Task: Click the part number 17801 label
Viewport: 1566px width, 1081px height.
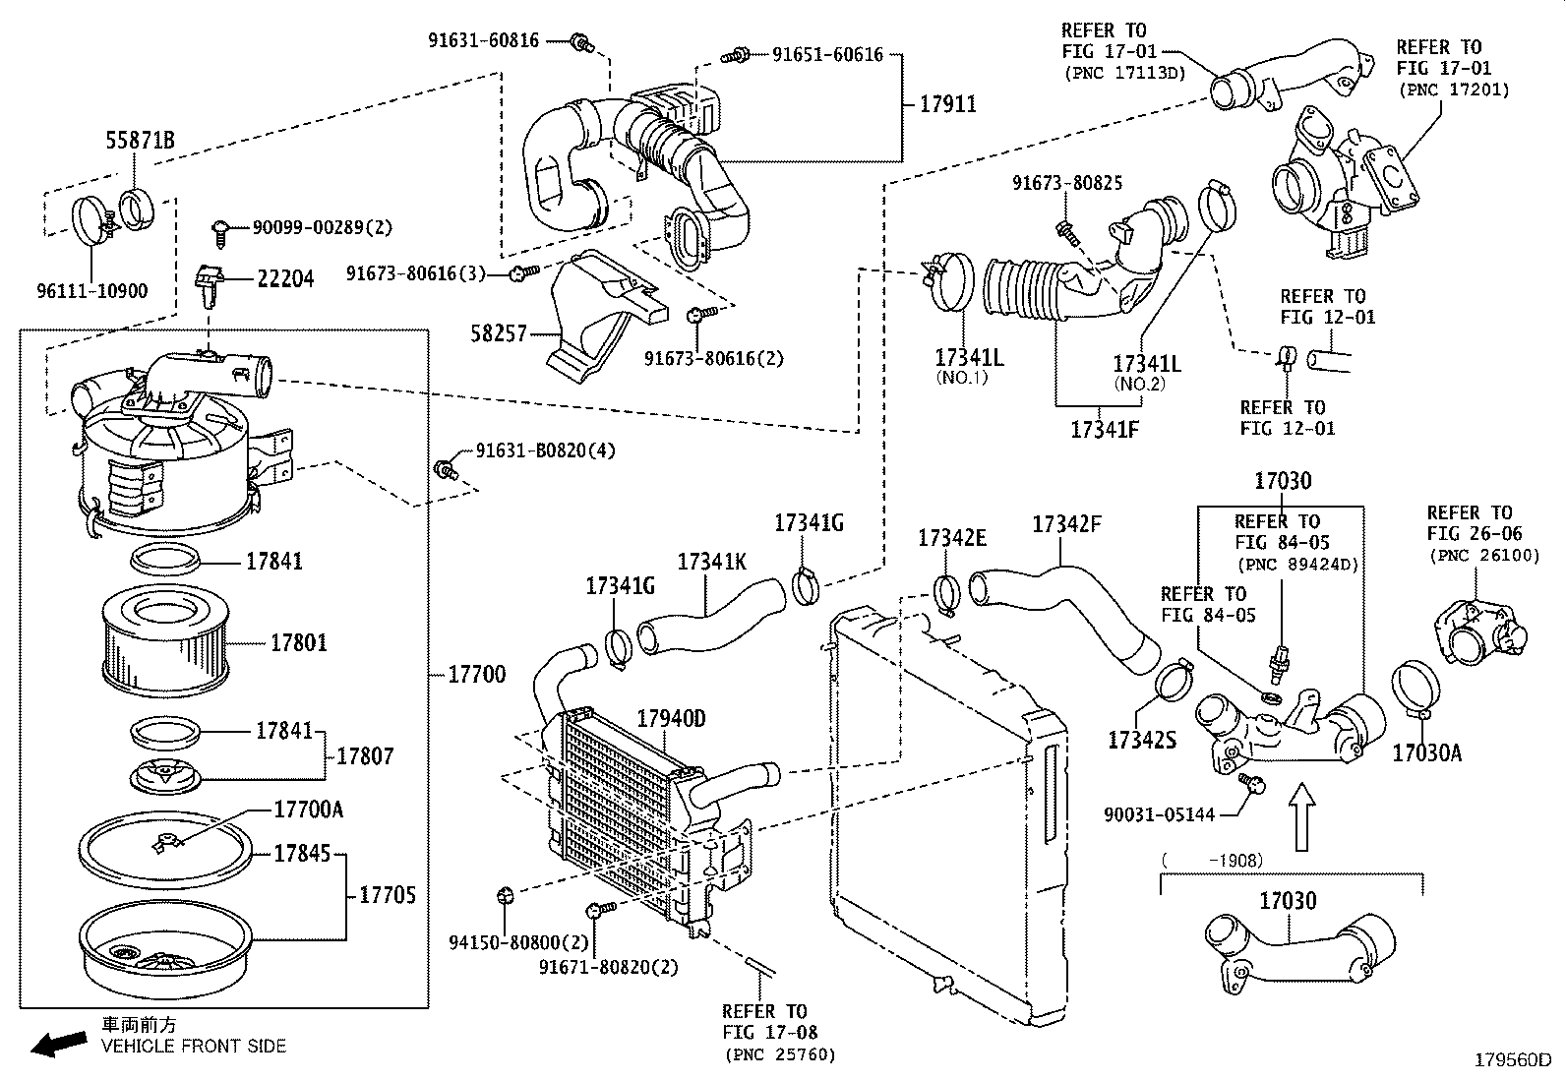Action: click(x=299, y=642)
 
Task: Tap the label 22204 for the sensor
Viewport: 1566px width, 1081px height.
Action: click(x=285, y=279)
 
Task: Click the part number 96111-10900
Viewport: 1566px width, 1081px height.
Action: click(x=91, y=291)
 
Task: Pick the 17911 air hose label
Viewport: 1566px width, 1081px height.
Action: click(x=947, y=103)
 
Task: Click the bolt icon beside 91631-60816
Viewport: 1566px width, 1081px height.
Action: click(x=581, y=42)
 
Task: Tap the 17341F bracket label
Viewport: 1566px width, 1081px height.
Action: click(x=1104, y=430)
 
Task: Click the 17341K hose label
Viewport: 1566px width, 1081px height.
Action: click(x=711, y=562)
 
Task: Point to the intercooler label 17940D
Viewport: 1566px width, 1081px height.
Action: click(x=671, y=718)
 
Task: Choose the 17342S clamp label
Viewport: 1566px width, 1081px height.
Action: click(x=1141, y=740)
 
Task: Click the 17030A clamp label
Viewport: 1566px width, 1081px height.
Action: click(x=1426, y=753)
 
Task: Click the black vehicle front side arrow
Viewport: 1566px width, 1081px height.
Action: click(x=57, y=1043)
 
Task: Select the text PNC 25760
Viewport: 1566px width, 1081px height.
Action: click(x=780, y=1055)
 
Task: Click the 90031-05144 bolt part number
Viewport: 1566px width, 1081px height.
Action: click(x=1159, y=814)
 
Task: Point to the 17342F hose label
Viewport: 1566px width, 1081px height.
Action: click(x=1066, y=524)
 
